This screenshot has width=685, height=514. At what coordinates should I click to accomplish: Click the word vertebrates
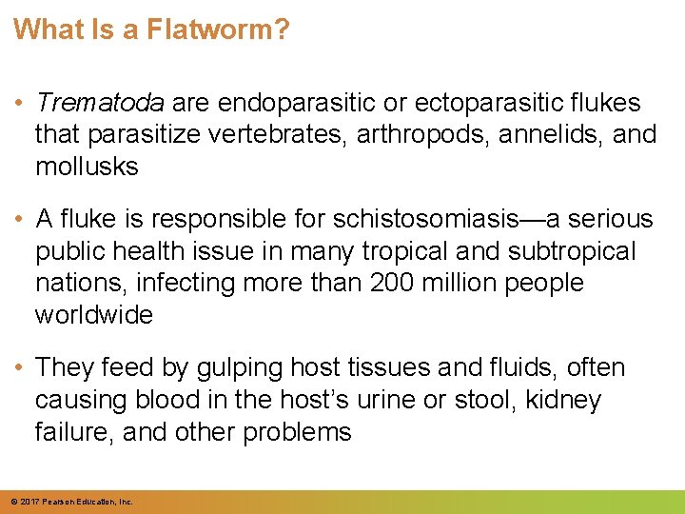[x=279, y=134]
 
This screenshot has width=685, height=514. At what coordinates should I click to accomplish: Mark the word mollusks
[x=87, y=166]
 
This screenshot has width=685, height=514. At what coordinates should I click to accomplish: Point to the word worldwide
[x=93, y=314]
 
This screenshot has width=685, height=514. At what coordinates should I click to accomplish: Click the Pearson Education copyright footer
[x=72, y=502]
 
